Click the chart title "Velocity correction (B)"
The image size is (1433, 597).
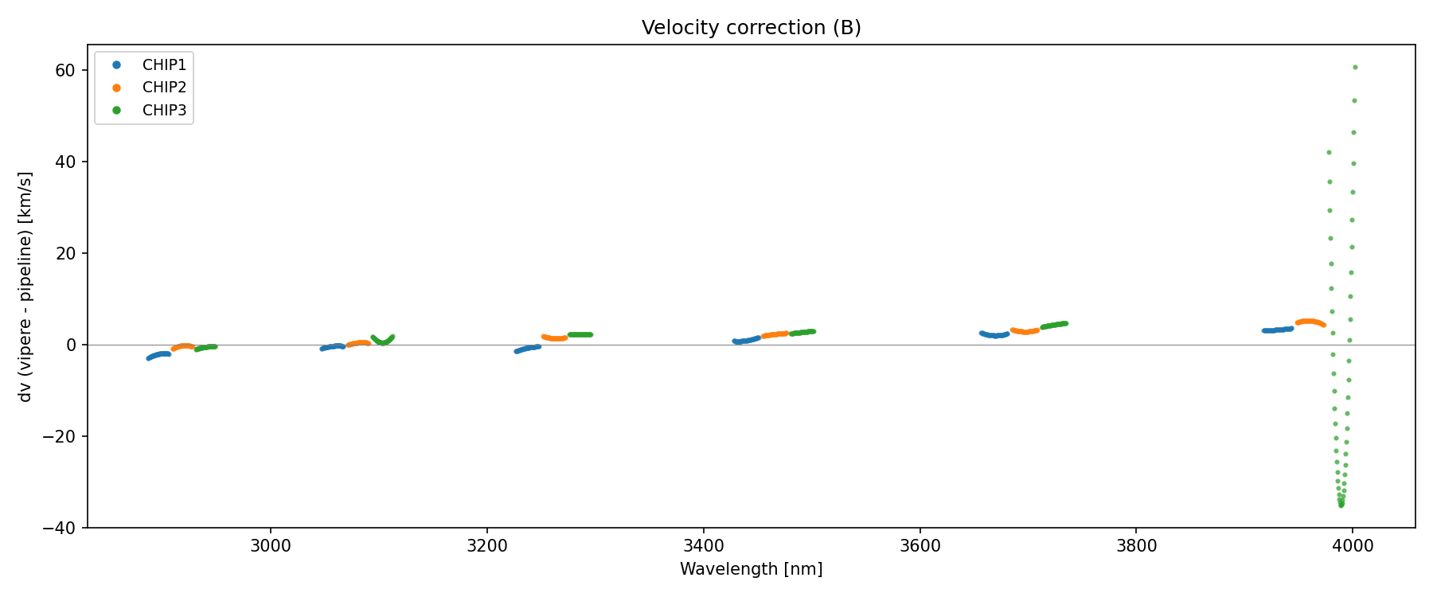751,28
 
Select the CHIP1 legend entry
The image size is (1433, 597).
164,65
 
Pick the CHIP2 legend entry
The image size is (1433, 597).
164,88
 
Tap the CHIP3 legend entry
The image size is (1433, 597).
164,111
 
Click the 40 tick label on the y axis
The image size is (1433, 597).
65,162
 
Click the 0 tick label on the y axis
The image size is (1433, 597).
71,345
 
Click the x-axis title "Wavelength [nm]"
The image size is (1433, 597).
751,569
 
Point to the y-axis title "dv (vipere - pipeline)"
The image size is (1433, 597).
25,287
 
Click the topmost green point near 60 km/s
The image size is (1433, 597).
1355,68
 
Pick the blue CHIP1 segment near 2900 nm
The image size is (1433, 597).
158,355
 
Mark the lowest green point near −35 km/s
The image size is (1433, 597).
1341,505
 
